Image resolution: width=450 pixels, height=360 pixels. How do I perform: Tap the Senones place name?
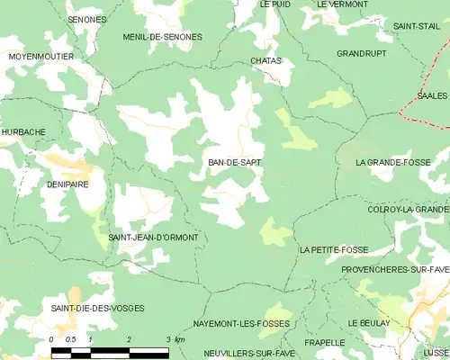[x=87, y=19]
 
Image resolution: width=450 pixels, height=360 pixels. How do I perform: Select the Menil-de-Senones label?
[x=162, y=37]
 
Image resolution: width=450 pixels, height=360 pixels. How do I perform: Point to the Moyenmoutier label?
[x=41, y=57]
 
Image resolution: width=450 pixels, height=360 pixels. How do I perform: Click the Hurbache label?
[x=22, y=131]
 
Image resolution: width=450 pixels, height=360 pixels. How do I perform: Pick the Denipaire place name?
[x=67, y=184]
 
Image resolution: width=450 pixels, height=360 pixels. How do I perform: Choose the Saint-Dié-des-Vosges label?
[x=97, y=309]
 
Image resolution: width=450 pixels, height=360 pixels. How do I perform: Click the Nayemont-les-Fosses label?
[x=238, y=322]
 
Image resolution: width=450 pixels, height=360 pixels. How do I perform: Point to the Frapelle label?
[x=324, y=343]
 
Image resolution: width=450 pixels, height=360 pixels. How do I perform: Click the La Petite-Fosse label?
[x=334, y=249]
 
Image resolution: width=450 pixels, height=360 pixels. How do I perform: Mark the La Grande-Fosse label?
[x=393, y=163]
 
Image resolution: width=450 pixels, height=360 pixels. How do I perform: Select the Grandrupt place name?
[x=361, y=54]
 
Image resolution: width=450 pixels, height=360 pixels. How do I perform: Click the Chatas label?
[x=266, y=60]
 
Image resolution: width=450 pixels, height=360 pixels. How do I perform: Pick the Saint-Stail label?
[x=416, y=26]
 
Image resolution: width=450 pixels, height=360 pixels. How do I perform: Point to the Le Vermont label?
[x=342, y=4]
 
